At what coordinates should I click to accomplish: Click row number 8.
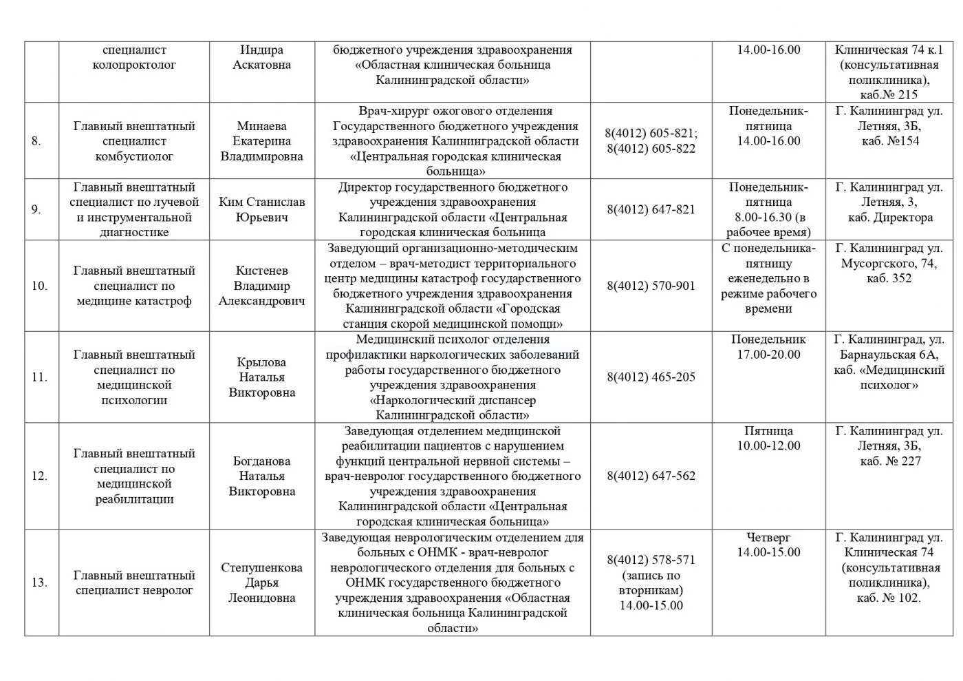(x=36, y=141)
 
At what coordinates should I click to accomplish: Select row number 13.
(x=39, y=583)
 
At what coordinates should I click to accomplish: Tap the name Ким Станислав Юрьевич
(x=261, y=209)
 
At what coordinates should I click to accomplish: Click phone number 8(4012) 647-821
(x=651, y=209)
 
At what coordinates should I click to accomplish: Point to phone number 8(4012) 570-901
(x=651, y=286)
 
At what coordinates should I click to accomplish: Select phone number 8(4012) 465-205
(x=651, y=377)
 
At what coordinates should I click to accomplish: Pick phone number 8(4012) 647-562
(x=651, y=476)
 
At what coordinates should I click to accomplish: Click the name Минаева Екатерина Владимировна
(x=261, y=141)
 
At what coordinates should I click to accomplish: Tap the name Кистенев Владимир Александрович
(x=261, y=286)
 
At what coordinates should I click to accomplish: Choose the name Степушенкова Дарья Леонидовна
(x=261, y=583)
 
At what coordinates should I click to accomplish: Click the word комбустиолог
(x=134, y=156)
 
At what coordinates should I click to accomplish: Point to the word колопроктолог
(x=134, y=65)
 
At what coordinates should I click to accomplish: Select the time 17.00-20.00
(x=768, y=355)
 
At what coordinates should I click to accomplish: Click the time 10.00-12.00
(x=768, y=446)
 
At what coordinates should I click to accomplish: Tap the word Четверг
(x=768, y=537)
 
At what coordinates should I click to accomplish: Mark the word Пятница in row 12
(x=768, y=430)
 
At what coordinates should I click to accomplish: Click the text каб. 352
(x=889, y=278)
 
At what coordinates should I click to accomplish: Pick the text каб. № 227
(x=890, y=461)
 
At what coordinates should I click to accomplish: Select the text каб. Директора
(x=890, y=218)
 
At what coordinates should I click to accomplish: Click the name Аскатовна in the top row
(x=261, y=65)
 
